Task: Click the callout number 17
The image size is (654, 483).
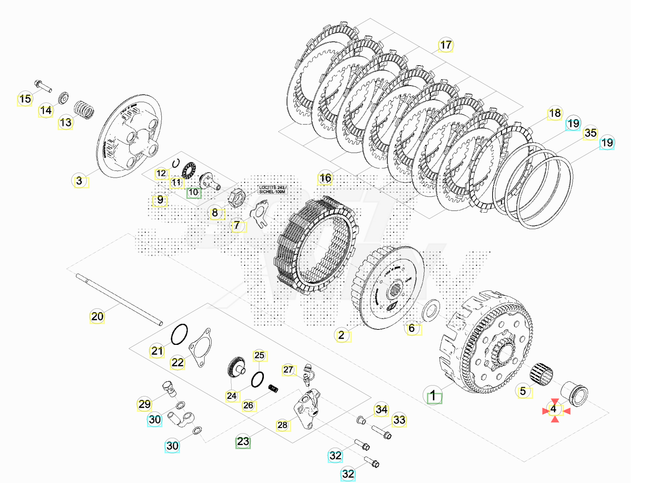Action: click(x=446, y=45)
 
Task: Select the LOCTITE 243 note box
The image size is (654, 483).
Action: click(x=272, y=190)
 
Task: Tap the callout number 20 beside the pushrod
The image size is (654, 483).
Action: click(x=97, y=316)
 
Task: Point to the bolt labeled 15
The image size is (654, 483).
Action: click(x=43, y=86)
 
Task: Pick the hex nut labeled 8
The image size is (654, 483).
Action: click(x=237, y=198)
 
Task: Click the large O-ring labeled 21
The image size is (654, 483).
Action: click(x=179, y=334)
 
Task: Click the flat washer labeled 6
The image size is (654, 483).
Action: click(x=431, y=310)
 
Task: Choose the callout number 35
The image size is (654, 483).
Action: click(x=590, y=133)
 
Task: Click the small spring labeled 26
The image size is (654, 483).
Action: click(x=273, y=389)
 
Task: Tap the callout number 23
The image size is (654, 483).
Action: click(x=243, y=441)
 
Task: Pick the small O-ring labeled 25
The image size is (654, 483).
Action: click(x=257, y=379)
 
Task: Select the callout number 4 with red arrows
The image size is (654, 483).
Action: click(x=553, y=409)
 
